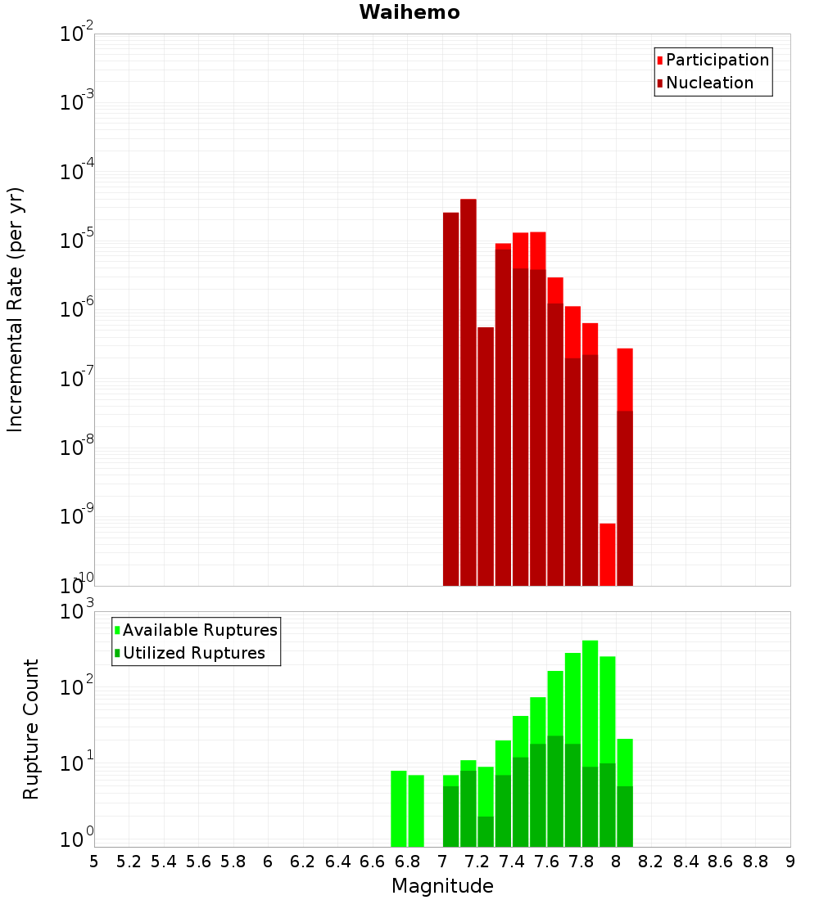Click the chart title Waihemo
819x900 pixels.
409,12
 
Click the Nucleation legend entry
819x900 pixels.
709,83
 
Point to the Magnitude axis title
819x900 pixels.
442,886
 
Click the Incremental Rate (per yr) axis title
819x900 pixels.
16,309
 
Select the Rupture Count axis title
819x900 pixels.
31,728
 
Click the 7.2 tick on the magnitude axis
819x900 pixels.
477,862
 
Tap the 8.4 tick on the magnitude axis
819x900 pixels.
686,862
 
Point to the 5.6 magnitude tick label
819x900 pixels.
198,862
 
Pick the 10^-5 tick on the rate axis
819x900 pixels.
77,241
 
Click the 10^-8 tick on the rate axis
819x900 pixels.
77,448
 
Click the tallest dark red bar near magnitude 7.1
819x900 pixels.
468,393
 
